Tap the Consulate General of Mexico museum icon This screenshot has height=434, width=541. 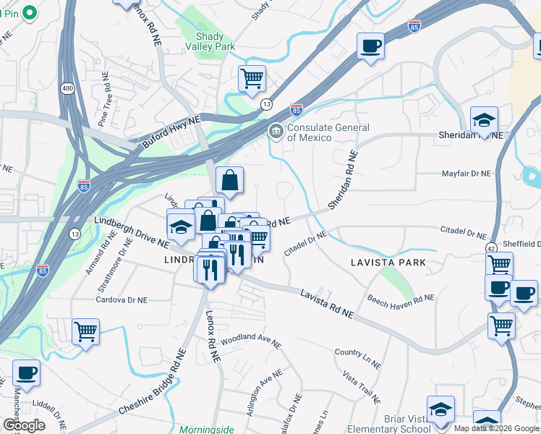(x=276, y=131)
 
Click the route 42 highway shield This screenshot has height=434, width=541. (x=491, y=248)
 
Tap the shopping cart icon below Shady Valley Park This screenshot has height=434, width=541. (x=252, y=78)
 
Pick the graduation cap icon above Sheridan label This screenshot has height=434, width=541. (x=484, y=119)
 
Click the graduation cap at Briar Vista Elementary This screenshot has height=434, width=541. (x=440, y=409)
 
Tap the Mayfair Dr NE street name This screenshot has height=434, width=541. (x=467, y=174)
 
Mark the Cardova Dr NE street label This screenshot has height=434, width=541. (x=122, y=299)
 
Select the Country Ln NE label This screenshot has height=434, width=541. (x=357, y=352)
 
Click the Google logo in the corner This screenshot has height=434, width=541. (x=24, y=425)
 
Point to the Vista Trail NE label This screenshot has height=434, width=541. (x=362, y=388)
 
